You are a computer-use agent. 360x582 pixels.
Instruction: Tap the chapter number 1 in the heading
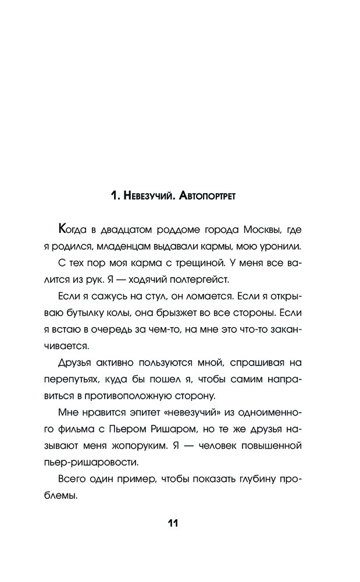pyautogui.click(x=113, y=197)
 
